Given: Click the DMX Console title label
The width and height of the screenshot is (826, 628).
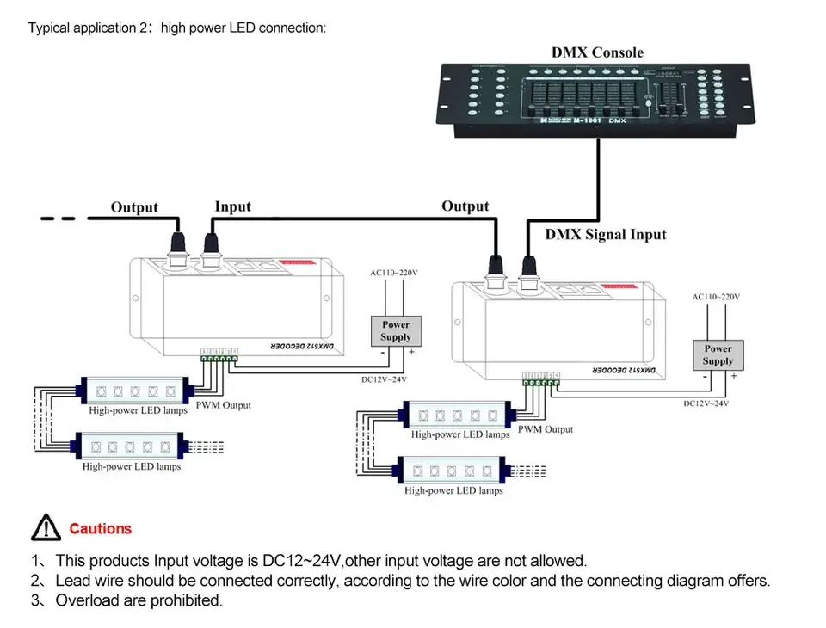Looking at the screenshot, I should (597, 52).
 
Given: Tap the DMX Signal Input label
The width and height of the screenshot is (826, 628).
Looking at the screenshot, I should (606, 234).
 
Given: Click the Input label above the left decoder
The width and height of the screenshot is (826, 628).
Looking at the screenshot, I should (232, 206).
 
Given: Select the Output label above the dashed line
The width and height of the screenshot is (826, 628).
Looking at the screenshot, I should (134, 207).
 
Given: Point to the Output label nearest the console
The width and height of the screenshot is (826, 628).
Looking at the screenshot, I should (465, 206).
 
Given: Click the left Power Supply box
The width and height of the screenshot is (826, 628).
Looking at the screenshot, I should (396, 331).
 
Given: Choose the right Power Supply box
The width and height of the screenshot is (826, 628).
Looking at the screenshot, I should (718, 355).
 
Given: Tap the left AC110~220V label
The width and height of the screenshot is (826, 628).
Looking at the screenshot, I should (394, 273).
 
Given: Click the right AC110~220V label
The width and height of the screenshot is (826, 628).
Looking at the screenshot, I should (716, 297).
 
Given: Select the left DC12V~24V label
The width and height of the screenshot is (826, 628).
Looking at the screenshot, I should (383, 378).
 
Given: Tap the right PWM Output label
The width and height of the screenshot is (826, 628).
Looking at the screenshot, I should (546, 428).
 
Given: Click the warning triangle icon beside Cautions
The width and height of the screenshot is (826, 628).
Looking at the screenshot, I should (45, 528).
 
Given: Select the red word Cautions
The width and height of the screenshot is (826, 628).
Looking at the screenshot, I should (101, 528).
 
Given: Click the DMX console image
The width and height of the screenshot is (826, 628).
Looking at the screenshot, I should (597, 102).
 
